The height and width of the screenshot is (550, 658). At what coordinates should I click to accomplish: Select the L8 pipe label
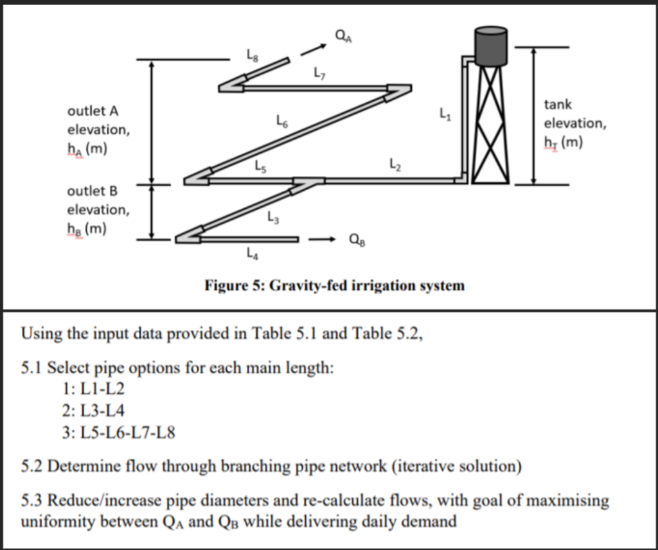coord(253,56)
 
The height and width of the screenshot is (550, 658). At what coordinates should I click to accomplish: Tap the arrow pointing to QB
coord(324,240)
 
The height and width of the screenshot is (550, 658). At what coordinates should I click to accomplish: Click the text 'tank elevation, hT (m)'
coord(574,122)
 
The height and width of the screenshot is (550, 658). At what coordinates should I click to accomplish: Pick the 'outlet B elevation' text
coord(98,209)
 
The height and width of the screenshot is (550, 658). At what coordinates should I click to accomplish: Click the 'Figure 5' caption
coord(334,285)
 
